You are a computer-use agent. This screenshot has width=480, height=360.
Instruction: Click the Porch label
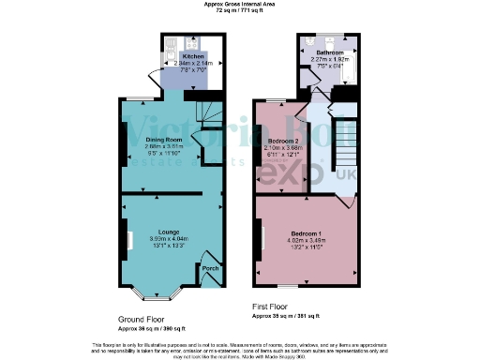pyautogui.click(x=211, y=269)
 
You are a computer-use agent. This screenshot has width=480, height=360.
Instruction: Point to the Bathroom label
pyautogui.click(x=329, y=52)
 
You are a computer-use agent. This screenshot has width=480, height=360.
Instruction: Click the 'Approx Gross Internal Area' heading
pyautogui.click(x=239, y=5)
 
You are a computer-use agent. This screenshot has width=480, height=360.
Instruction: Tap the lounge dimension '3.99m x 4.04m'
pyautogui.click(x=171, y=239)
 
